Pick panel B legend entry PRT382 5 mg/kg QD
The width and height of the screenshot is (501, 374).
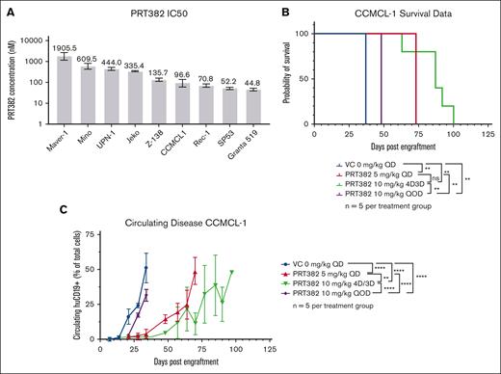pos(385,175)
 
